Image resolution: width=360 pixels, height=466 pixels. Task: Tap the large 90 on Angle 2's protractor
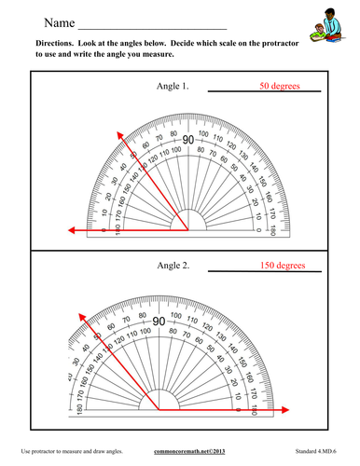point(159,322)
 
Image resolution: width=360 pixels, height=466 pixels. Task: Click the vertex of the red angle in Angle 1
point(189,229)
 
